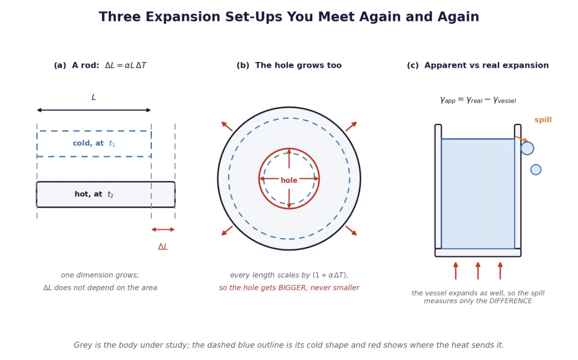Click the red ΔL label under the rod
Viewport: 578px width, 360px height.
163,247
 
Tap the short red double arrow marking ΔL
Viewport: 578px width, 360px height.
163,230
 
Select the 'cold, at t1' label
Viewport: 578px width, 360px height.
94,143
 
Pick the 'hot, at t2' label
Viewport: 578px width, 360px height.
94,194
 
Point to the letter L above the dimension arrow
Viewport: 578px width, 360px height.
94,97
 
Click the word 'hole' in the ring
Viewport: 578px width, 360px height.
289,180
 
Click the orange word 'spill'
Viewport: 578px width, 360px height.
543,120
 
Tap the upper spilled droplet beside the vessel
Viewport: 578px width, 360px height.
527,148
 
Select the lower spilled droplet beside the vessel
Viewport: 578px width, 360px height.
536,169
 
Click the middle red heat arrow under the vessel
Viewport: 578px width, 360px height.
478,271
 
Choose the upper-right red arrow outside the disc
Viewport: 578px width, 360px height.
351,126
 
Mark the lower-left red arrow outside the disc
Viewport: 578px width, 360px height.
227,231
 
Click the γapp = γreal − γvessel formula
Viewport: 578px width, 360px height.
478,100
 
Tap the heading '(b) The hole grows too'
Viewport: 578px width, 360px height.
289,65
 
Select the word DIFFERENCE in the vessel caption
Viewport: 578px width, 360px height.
510,301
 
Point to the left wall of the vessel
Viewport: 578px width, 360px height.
438,186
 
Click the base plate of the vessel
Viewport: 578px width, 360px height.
478,253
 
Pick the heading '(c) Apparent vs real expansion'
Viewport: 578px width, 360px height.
478,65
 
